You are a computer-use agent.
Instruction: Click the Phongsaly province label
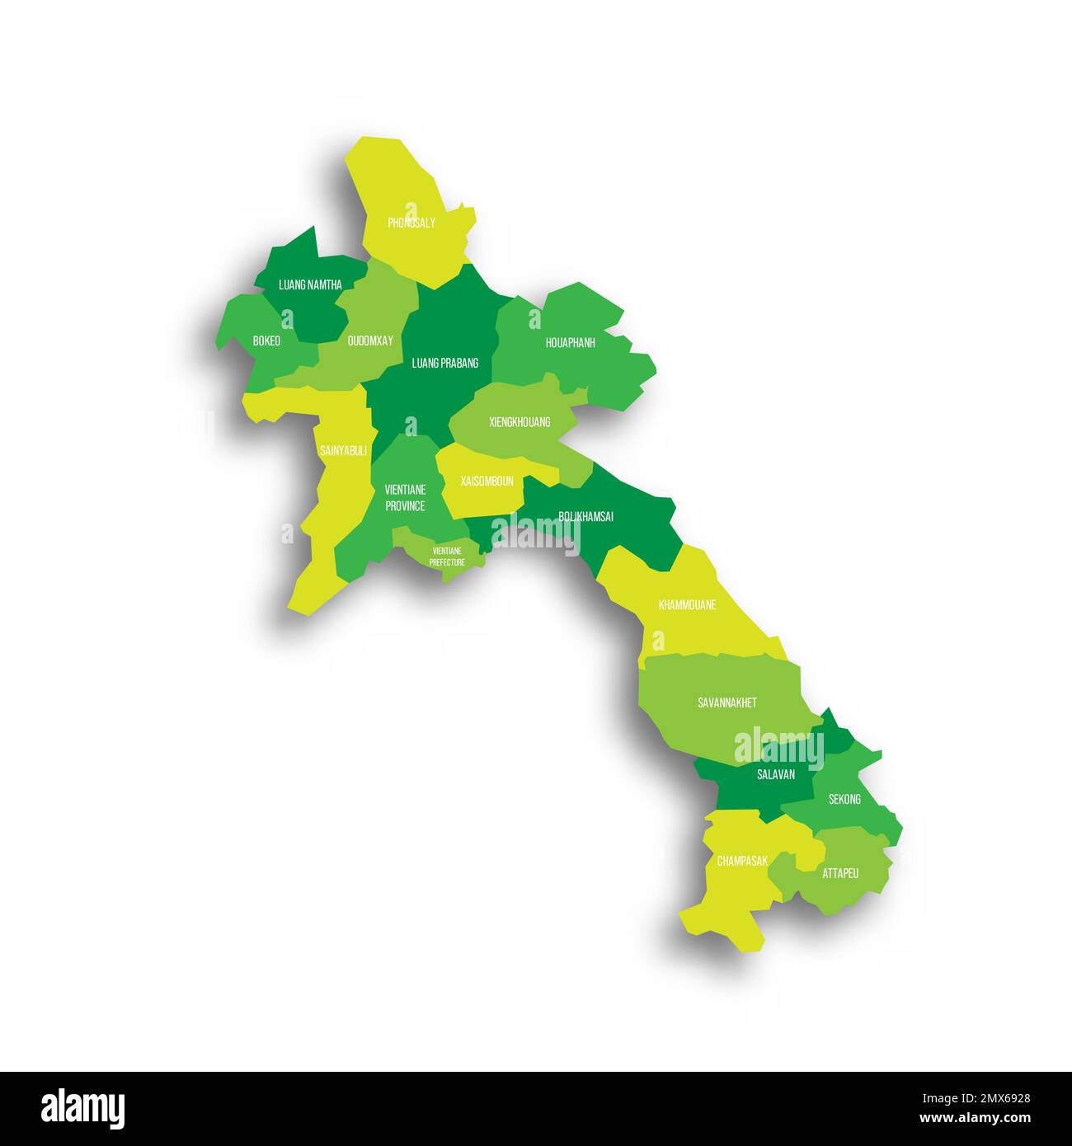pyautogui.click(x=411, y=223)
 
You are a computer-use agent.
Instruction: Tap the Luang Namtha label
pyautogui.click(x=310, y=285)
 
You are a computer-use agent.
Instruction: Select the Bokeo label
pyautogui.click(x=266, y=341)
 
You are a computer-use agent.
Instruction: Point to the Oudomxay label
pyautogui.click(x=370, y=341)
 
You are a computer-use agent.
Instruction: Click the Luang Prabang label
pyautogui.click(x=445, y=363)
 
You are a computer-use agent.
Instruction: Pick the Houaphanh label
pyautogui.click(x=570, y=343)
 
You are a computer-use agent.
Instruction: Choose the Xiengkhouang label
pyautogui.click(x=520, y=422)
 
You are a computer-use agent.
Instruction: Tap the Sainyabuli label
pyautogui.click(x=343, y=451)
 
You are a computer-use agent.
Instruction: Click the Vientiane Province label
pyautogui.click(x=406, y=498)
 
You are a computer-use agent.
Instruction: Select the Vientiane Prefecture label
pyautogui.click(x=447, y=557)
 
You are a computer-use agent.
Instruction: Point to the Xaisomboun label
pyautogui.click(x=487, y=481)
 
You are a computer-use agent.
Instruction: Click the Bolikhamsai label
pyautogui.click(x=585, y=517)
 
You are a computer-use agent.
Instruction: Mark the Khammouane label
pyautogui.click(x=687, y=605)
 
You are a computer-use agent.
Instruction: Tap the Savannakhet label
pyautogui.click(x=726, y=703)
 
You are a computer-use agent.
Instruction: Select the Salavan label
pyautogui.click(x=776, y=775)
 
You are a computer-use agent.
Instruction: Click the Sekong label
pyautogui.click(x=844, y=799)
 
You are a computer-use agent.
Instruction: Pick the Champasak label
pyautogui.click(x=742, y=861)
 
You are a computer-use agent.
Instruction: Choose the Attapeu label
pyautogui.click(x=840, y=872)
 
